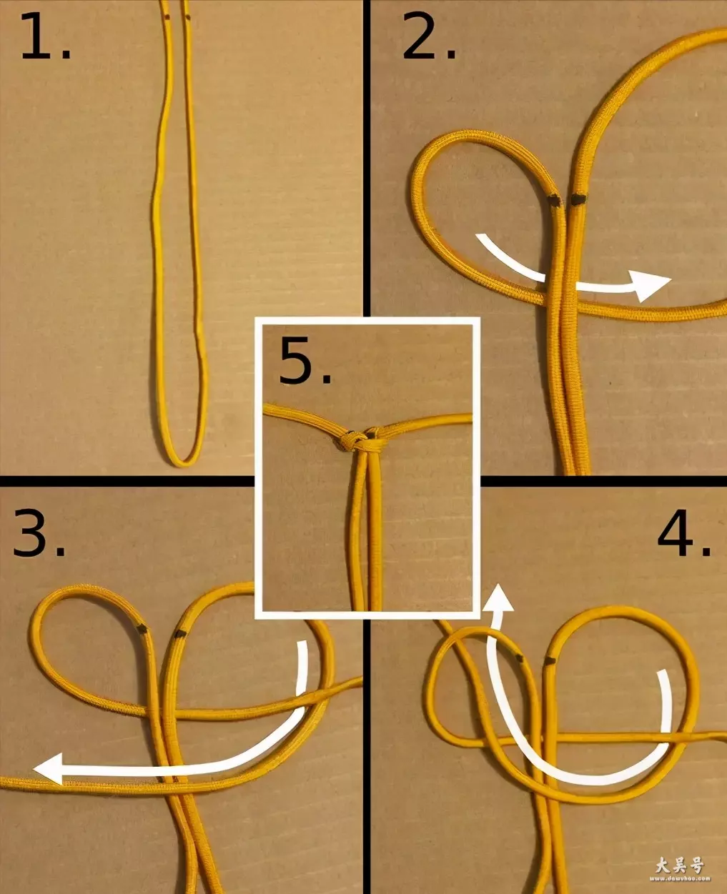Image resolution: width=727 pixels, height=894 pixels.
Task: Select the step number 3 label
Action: click(39, 533)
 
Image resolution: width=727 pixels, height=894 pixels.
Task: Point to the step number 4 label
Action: click(684, 533)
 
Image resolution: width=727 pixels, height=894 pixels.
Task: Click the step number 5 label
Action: click(305, 360)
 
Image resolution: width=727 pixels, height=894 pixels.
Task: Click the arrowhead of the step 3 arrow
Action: click(49, 768)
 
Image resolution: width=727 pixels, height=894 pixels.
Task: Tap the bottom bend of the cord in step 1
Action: click(184, 460)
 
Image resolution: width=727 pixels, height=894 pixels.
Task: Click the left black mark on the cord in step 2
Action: click(554, 201)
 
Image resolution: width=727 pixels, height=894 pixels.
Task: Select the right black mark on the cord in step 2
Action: click(578, 199)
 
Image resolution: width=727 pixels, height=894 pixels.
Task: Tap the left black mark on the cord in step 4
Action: click(519, 657)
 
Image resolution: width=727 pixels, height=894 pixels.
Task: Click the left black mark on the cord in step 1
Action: click(167, 17)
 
